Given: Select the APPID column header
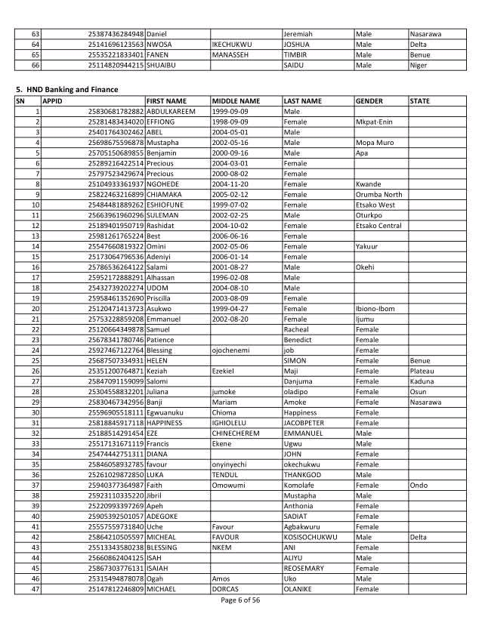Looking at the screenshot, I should (x=52, y=100).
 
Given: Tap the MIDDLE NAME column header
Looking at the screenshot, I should (x=236, y=100).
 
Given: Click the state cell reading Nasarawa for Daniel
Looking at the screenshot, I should (x=425, y=34).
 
